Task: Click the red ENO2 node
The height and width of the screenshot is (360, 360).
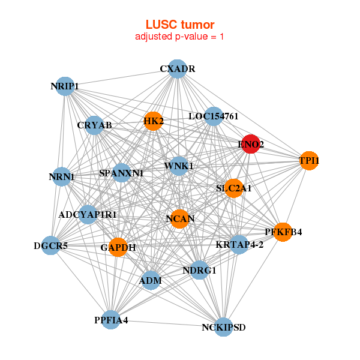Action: coord(250,144)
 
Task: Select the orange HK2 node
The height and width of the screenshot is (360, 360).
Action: coord(153,122)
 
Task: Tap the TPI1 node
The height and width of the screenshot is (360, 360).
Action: coord(308,161)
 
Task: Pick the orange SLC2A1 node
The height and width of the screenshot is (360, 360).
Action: coord(233,188)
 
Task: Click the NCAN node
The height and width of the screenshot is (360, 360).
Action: coord(180,218)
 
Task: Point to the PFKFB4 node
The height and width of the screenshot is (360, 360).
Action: coord(283,232)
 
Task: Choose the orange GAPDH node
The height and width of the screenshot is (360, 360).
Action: coord(118,247)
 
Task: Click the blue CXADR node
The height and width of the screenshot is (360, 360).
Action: coord(177,69)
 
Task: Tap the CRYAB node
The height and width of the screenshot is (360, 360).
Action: coord(94,125)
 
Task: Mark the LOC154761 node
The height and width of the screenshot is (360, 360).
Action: coord(214,116)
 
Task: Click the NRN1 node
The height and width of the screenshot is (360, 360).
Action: coord(61,177)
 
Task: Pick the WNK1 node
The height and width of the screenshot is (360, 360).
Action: coord(179,165)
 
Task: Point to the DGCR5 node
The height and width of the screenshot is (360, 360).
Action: coord(50,245)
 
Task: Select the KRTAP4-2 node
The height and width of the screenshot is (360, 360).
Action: coord(239,244)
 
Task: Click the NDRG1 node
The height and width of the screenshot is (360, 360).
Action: coord(199,270)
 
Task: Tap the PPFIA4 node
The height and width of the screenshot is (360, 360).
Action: coord(111,320)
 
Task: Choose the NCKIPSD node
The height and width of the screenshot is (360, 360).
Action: coord(224,327)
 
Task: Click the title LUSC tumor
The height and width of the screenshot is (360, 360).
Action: coord(180,25)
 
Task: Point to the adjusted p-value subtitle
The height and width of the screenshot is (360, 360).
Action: coord(180,37)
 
